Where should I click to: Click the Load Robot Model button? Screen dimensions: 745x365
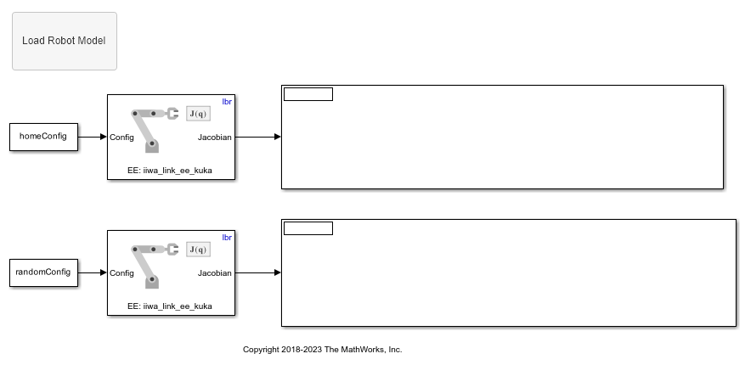65,42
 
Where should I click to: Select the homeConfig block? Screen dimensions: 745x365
43,137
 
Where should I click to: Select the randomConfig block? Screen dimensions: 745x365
43,272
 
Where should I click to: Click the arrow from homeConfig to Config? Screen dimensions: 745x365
93,137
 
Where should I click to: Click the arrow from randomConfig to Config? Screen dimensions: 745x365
93,272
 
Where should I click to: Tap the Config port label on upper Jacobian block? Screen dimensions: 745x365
121,138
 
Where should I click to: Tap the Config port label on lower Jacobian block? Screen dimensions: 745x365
121,273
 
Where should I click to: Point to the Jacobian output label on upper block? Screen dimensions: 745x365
215,138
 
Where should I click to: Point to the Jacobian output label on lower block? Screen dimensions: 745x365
215,273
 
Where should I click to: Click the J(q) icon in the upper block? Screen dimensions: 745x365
198,114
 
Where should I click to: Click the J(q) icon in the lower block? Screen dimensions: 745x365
198,250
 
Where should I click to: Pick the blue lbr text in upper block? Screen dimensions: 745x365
227,102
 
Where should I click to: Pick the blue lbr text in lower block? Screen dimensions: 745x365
227,238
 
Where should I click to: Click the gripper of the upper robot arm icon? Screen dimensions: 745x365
172,114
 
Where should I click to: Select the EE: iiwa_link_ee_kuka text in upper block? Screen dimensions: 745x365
170,171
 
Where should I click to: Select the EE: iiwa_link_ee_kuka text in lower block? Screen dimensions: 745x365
170,306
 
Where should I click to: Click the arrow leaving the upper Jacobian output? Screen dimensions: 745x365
258,137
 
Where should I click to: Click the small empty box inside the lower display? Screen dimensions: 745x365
308,228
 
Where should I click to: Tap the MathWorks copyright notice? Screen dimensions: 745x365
323,350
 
